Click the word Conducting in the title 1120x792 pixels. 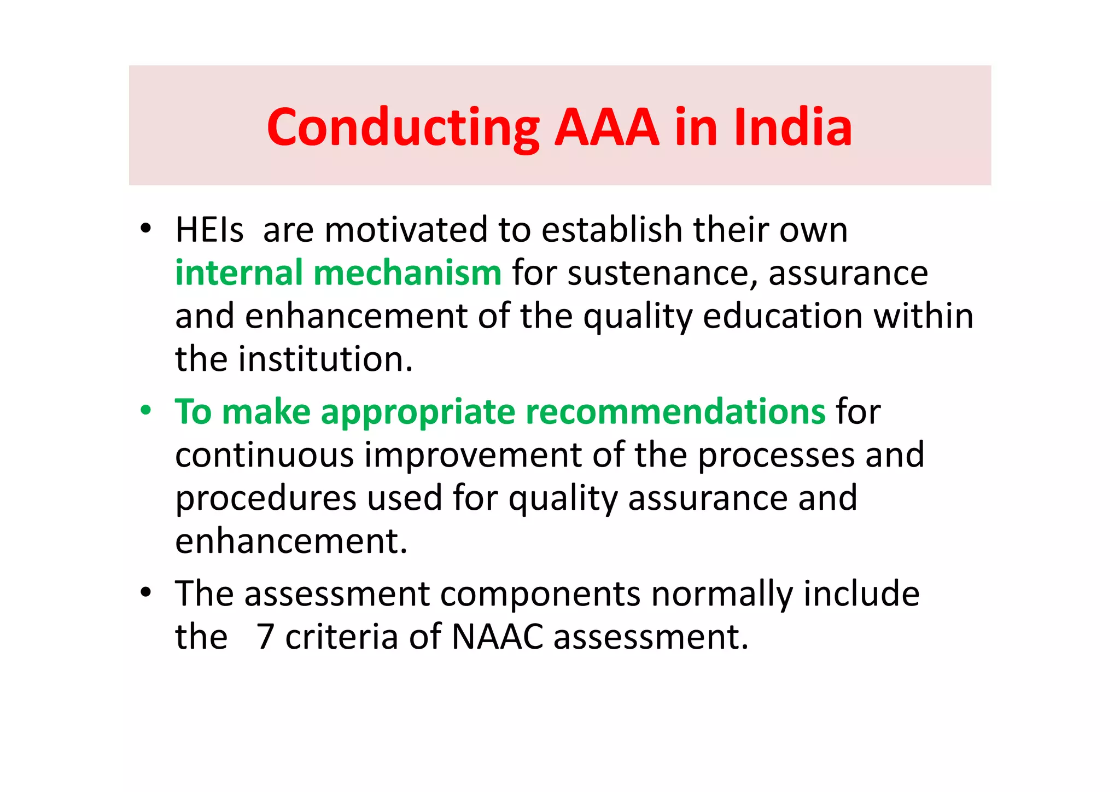click(x=403, y=128)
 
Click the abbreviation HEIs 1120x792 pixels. click(x=209, y=230)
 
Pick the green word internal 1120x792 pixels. click(x=239, y=272)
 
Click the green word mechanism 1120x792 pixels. click(x=407, y=272)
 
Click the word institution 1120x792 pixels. click(x=325, y=359)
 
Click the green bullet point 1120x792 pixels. click(x=145, y=410)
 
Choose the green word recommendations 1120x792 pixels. click(x=675, y=411)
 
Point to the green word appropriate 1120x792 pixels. click(x=418, y=412)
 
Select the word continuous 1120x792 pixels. click(x=265, y=455)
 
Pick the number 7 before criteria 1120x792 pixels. click(x=265, y=637)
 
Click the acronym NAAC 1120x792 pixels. click(x=498, y=637)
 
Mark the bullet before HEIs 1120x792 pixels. click(x=145, y=229)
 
